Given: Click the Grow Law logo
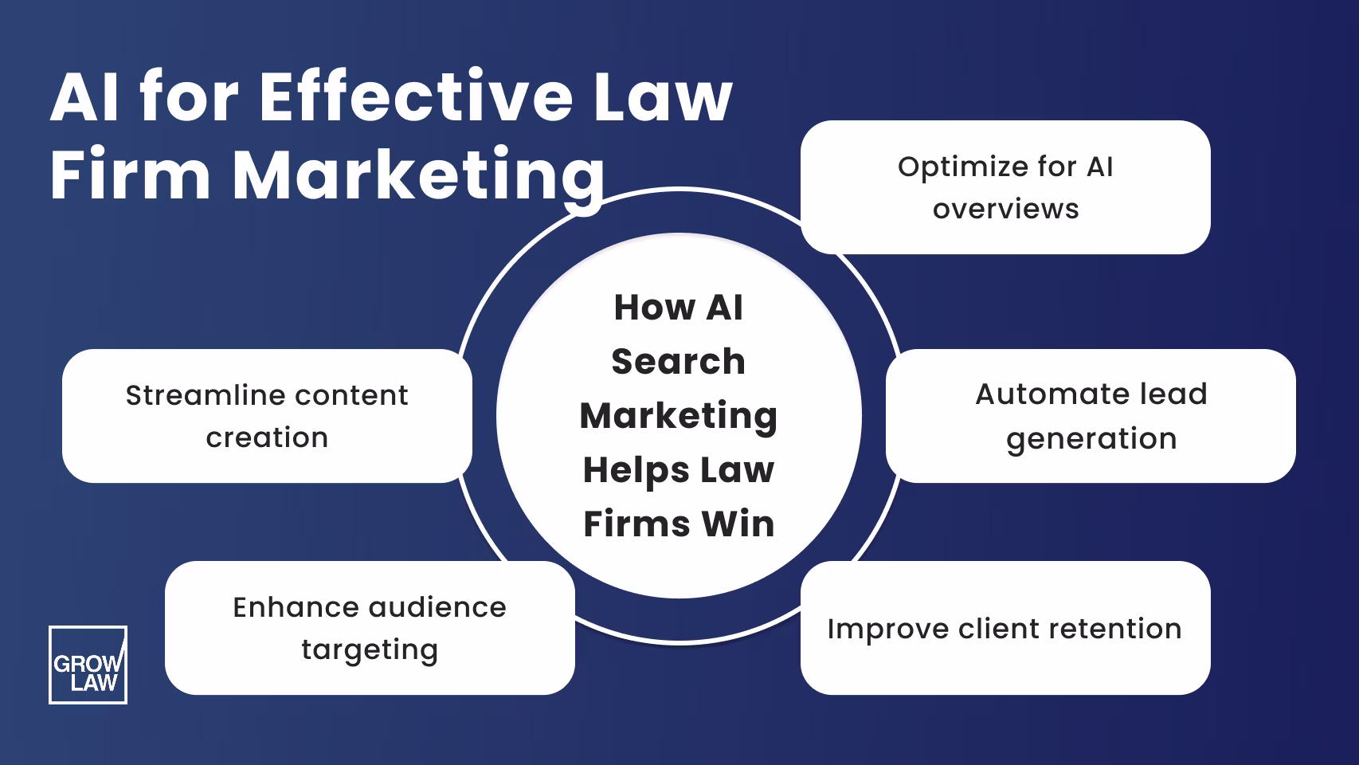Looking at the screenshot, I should click(x=88, y=665).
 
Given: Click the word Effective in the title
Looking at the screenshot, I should click(x=415, y=97).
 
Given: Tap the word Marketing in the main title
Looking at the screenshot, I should click(x=418, y=175).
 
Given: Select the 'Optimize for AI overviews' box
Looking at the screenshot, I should click(x=1005, y=187).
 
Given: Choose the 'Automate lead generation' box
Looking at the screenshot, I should click(x=1090, y=416).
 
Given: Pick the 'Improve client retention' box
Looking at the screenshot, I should click(x=1005, y=629).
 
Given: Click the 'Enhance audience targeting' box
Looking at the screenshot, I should click(x=370, y=628).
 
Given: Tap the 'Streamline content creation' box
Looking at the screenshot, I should click(x=267, y=416).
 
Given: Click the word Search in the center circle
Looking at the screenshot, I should click(x=678, y=362).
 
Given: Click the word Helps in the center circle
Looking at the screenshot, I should click(x=624, y=470).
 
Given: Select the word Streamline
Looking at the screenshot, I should click(x=198, y=395).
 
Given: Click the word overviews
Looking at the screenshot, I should click(x=1005, y=209).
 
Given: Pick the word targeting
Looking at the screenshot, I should click(x=370, y=650).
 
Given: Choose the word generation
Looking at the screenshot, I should click(x=1091, y=439).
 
